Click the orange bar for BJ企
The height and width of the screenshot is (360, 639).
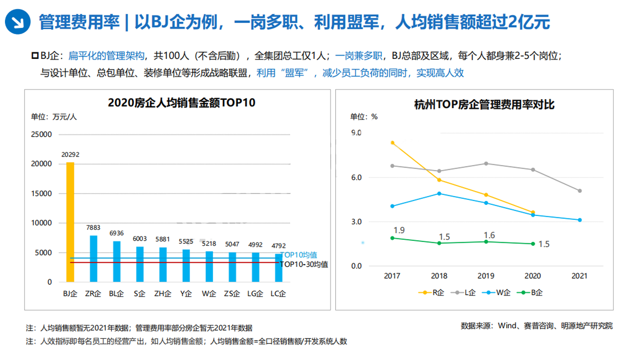[70, 222]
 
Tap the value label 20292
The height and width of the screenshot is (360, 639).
[70, 155]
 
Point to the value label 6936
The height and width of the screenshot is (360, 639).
[116, 233]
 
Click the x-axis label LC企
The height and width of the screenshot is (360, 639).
[278, 293]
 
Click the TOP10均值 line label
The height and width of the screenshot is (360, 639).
[298, 255]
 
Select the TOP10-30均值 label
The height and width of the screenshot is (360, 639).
[304, 264]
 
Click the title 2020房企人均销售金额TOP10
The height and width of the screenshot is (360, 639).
[182, 103]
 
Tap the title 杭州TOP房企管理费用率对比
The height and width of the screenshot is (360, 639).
[484, 105]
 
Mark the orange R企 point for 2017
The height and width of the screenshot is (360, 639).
[393, 143]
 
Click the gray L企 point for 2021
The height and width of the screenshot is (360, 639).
[580, 190]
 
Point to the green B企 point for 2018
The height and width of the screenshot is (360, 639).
[439, 243]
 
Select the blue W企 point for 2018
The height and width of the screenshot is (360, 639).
[439, 193]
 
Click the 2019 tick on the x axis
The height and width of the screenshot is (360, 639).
[486, 276]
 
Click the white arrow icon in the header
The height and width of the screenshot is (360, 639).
[17, 21]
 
